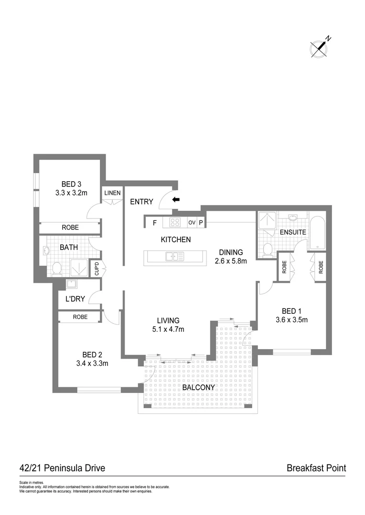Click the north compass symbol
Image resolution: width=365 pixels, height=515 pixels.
click(320, 48)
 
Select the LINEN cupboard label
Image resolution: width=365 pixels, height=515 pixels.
click(112, 193)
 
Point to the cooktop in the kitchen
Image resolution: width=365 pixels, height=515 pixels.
click(175, 223)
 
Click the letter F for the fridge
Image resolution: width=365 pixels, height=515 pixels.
click(154, 223)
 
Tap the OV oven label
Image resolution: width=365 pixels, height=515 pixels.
click(192, 223)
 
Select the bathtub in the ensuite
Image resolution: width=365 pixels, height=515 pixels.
click(318, 234)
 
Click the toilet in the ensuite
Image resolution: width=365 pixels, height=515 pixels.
click(268, 249)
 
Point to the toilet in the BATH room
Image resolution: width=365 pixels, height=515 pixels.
click(56, 269)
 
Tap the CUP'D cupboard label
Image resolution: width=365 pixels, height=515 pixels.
click(96, 270)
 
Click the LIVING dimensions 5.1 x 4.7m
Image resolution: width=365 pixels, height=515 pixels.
click(168, 329)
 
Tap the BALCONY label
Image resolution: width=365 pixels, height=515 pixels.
click(199, 387)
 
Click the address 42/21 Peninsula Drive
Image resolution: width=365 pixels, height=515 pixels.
click(62, 468)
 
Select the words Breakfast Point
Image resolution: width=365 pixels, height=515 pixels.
click(316, 468)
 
